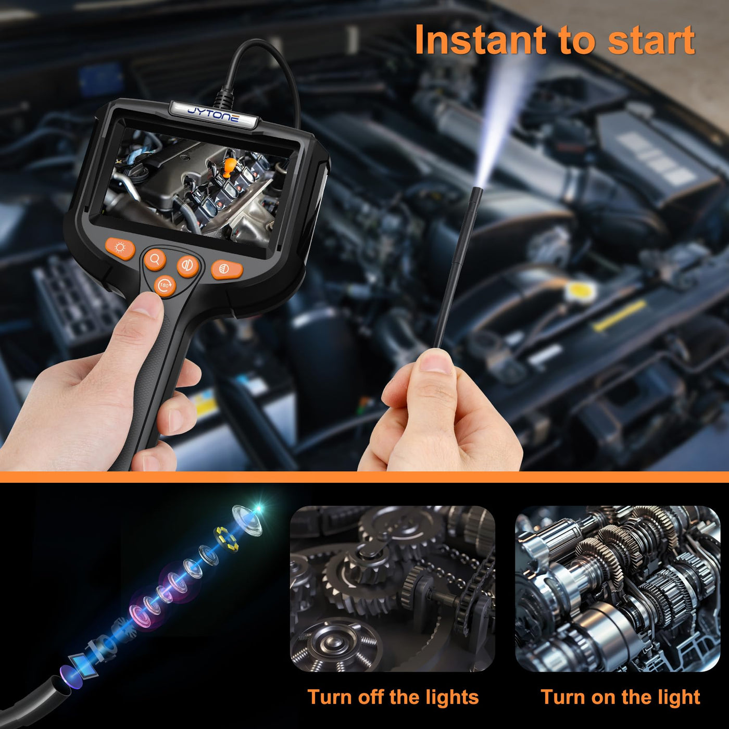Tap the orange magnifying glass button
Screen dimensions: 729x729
click(155, 259)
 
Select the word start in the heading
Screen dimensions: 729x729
click(651, 41)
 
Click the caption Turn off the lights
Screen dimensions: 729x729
click(393, 697)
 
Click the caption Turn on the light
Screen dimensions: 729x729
click(620, 697)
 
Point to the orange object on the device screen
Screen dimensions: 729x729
click(230, 168)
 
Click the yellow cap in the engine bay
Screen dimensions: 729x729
click(578, 290)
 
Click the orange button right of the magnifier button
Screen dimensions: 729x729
click(188, 265)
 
